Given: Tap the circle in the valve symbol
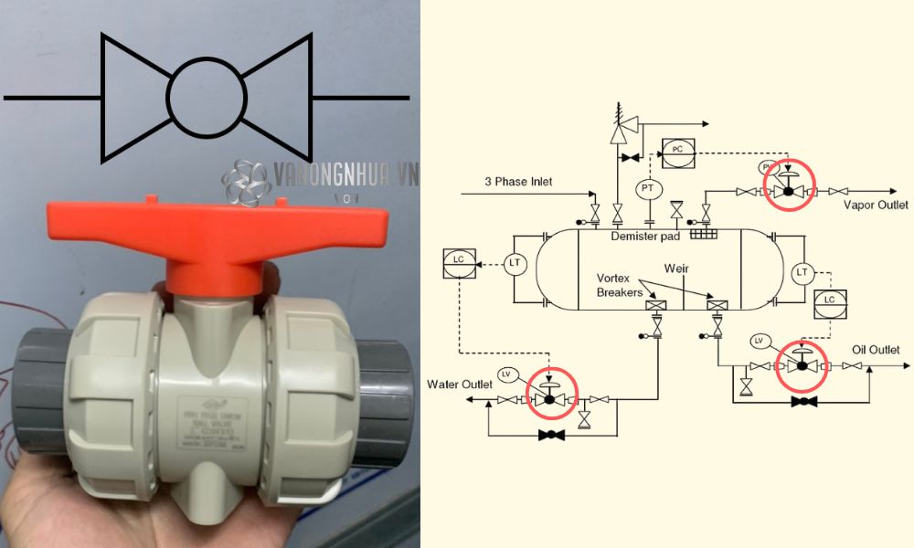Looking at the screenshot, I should (207, 97).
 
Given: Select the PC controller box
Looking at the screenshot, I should (677, 148).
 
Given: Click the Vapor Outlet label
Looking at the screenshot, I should (876, 205).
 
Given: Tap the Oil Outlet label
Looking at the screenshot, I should (876, 350).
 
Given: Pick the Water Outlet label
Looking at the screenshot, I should (460, 385).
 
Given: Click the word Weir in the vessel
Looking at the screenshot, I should (677, 269).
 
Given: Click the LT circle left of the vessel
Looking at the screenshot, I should (515, 264).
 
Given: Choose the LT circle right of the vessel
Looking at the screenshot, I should (803, 272).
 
